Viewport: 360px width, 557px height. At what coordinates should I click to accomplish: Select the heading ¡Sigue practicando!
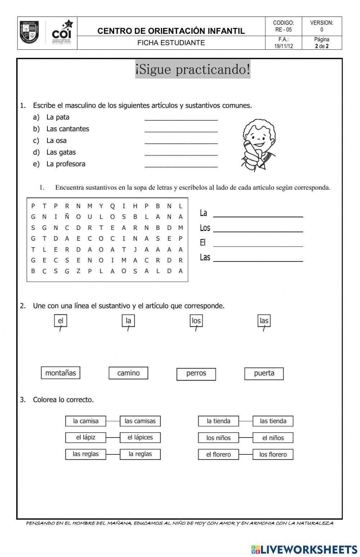click(x=193, y=69)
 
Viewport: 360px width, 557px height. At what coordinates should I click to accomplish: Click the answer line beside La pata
click(x=181, y=118)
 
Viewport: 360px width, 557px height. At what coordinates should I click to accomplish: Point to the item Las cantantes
click(x=67, y=129)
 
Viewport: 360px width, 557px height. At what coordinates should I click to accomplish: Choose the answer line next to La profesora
click(x=181, y=164)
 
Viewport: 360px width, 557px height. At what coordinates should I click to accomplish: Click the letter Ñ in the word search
click(x=67, y=217)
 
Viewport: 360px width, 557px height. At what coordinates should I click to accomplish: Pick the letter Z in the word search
click(x=78, y=271)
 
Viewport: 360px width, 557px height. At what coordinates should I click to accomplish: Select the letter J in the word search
click(x=135, y=249)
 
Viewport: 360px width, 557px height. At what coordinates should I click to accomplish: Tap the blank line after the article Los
click(x=258, y=229)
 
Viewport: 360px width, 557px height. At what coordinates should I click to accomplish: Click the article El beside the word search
click(x=203, y=243)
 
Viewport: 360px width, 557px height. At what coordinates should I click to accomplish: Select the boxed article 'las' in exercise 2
click(x=264, y=321)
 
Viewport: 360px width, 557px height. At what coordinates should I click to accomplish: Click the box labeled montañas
click(x=60, y=373)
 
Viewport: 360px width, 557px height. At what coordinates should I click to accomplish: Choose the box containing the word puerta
click(x=264, y=373)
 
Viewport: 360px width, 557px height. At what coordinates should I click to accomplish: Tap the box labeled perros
click(x=196, y=374)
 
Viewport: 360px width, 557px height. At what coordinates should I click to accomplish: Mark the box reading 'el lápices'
click(x=140, y=438)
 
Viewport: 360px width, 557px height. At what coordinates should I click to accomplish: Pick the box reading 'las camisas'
click(x=140, y=421)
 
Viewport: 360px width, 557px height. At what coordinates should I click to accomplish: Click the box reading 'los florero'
click(x=273, y=454)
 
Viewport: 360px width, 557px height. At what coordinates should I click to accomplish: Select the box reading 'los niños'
click(x=218, y=438)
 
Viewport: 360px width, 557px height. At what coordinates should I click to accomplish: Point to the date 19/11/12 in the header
click(x=283, y=46)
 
